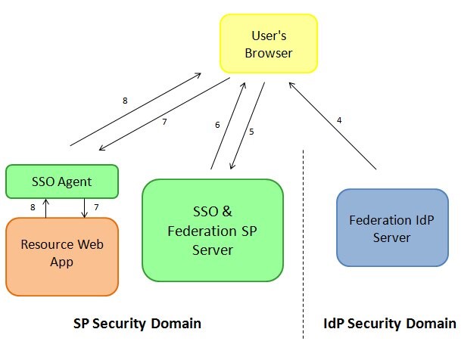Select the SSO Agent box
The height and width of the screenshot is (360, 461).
[x=62, y=182]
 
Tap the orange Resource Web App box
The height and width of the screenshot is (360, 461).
[x=62, y=256]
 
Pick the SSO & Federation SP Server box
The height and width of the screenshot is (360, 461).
[x=213, y=230]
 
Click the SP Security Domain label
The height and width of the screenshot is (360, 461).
[x=137, y=324]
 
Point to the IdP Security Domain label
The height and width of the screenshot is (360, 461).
[x=385, y=324]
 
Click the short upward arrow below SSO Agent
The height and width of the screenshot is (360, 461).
[x=45, y=207]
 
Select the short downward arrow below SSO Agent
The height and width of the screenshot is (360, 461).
[x=84, y=207]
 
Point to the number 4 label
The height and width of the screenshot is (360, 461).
[x=339, y=119]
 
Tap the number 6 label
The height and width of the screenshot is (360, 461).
[x=217, y=125]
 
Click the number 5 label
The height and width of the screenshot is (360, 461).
[x=251, y=132]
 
